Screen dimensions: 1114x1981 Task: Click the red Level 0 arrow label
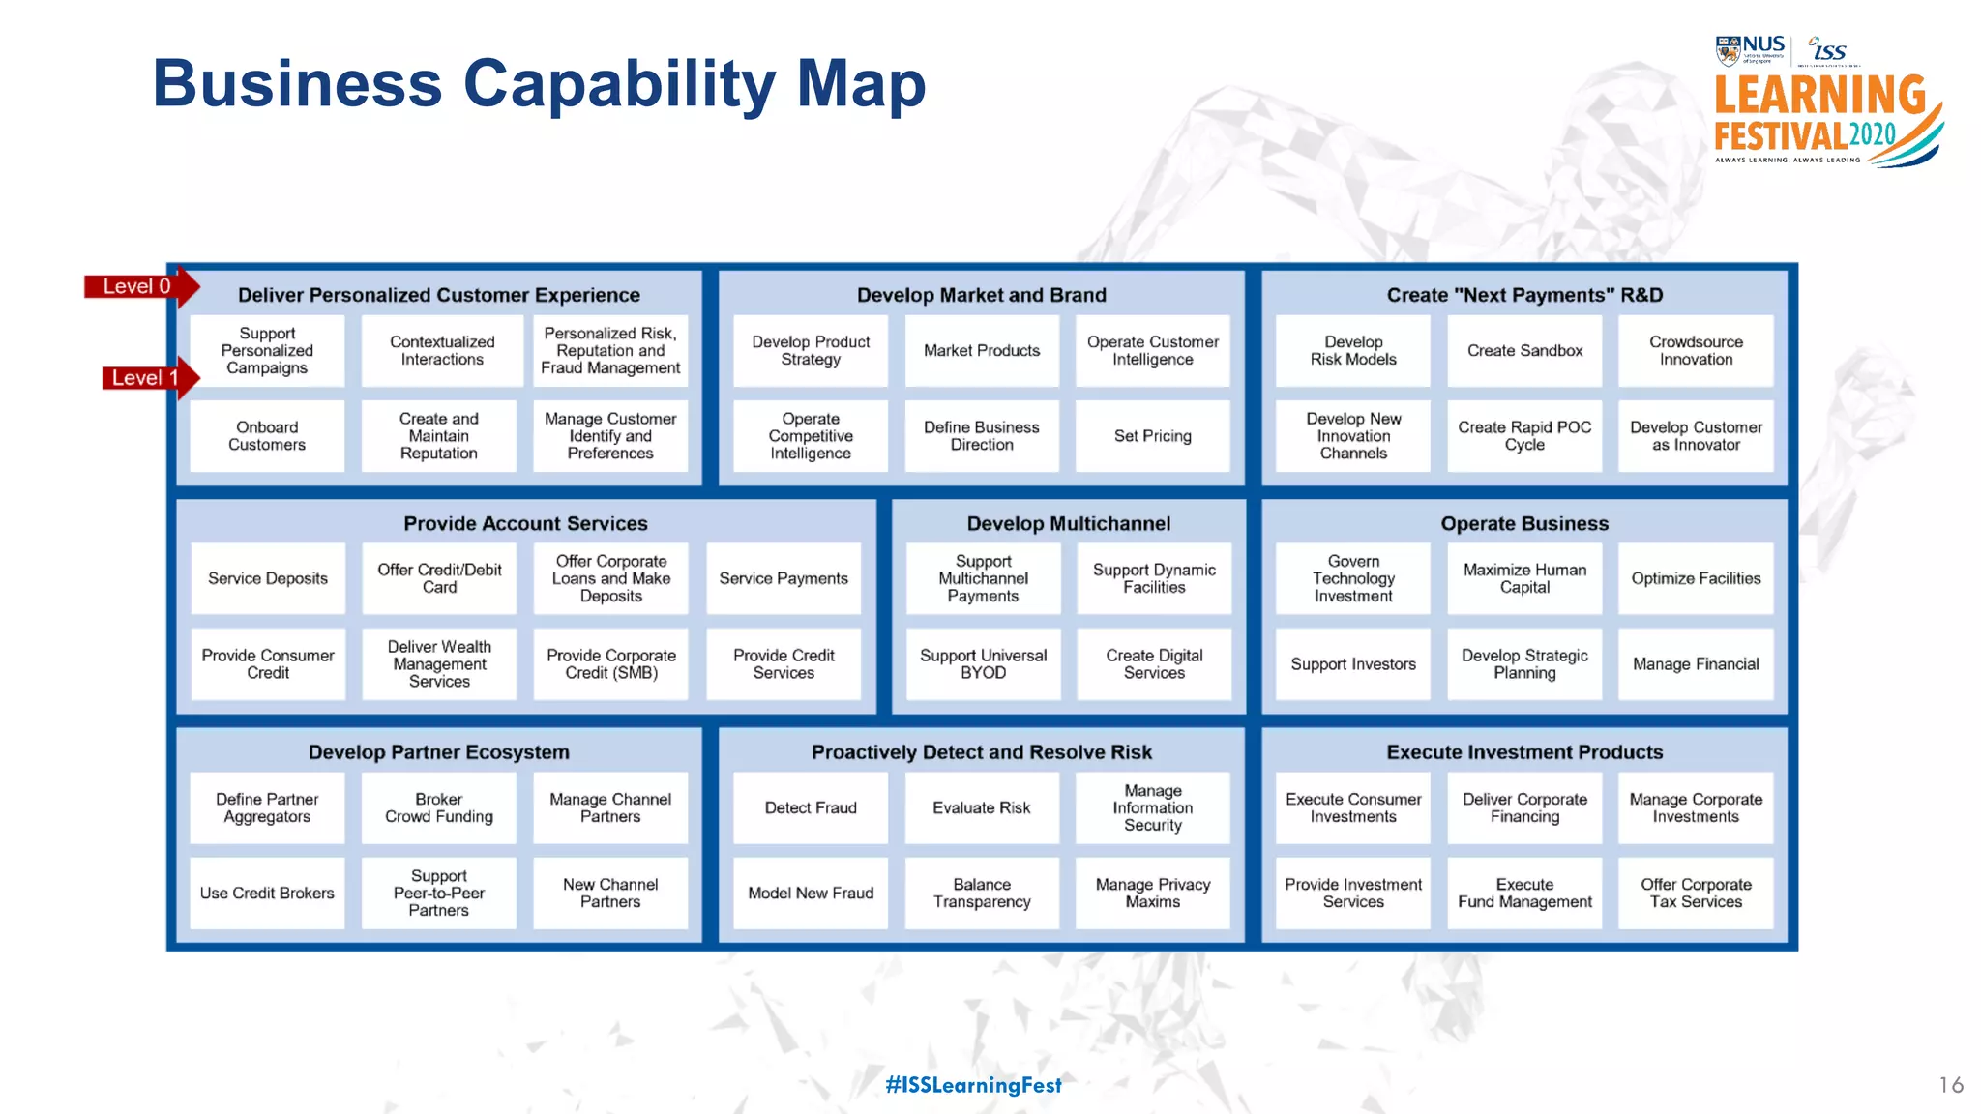[138, 286]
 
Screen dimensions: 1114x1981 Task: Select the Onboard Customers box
[267, 436]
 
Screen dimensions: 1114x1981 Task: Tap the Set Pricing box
[1152, 436]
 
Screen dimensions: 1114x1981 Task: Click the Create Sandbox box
[1524, 351]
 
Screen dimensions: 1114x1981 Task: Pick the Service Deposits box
[268, 578]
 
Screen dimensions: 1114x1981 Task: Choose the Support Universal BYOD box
[983, 664]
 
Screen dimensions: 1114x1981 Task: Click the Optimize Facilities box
[1696, 578]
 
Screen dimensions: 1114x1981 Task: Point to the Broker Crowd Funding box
[439, 807]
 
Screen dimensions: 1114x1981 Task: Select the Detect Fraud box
[811, 807]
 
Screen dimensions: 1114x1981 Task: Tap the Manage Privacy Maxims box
[1152, 893]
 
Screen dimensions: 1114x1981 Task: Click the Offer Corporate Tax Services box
[1696, 893]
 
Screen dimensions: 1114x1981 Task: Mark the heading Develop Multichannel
[1068, 523]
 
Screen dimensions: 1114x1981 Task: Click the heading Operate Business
[1524, 523]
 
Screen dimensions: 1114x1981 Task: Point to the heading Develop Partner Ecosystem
[439, 752]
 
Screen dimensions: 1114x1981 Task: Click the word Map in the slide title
[860, 84]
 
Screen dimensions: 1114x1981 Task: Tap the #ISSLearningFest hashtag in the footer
[973, 1085]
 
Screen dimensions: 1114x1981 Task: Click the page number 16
[1950, 1085]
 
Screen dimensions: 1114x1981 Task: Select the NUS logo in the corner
[1750, 49]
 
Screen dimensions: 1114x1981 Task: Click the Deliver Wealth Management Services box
[439, 664]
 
